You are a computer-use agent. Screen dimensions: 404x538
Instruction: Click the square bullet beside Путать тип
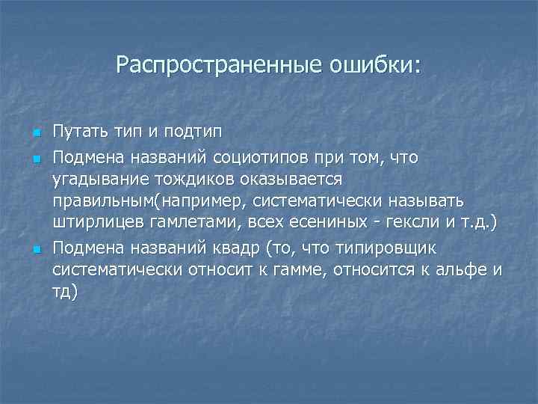[34, 134]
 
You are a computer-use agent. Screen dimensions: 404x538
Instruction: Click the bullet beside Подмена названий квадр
[34, 248]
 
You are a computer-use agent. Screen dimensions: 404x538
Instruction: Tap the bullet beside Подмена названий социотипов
[34, 159]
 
